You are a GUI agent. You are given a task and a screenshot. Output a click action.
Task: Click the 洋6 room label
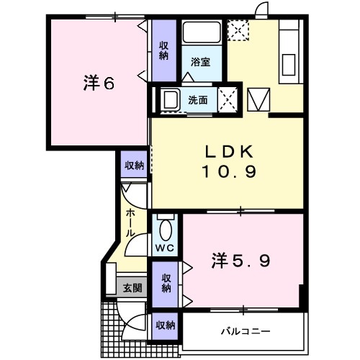(x=98, y=84)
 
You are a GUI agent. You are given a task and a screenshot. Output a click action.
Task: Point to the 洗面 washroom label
(x=198, y=100)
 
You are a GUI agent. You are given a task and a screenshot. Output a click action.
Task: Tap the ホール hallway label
(x=130, y=223)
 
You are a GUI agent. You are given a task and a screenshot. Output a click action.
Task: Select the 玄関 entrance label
(x=132, y=288)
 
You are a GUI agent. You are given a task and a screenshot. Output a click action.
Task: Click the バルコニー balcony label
(x=245, y=331)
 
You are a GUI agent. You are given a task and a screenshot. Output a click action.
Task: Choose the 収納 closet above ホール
(x=133, y=166)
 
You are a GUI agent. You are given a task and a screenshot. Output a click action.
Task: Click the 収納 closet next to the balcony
(x=165, y=325)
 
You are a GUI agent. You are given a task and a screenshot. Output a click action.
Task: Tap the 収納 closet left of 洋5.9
(x=166, y=282)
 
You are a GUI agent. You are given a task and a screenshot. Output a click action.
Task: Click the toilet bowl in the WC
(x=165, y=230)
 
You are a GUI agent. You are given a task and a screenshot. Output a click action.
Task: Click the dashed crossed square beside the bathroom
(x=236, y=31)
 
